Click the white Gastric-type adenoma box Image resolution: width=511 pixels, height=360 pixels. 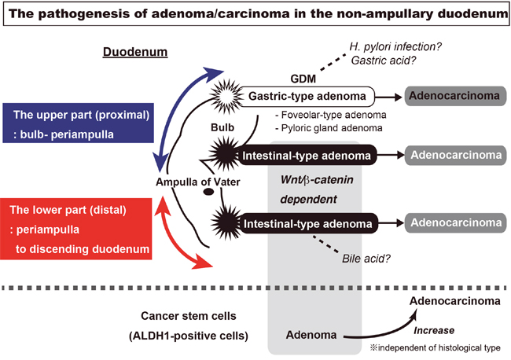(x=306, y=97)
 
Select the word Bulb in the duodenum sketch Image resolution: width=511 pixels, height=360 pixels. (x=220, y=127)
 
